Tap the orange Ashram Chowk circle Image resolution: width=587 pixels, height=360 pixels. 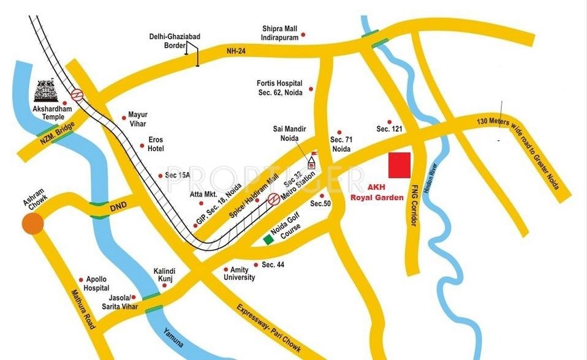(32, 223)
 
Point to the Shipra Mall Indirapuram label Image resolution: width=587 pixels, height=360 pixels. (280, 32)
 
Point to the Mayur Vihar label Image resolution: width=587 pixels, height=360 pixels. (138, 118)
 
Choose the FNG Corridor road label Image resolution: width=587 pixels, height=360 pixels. (414, 202)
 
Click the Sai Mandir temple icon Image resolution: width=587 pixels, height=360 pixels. (311, 162)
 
